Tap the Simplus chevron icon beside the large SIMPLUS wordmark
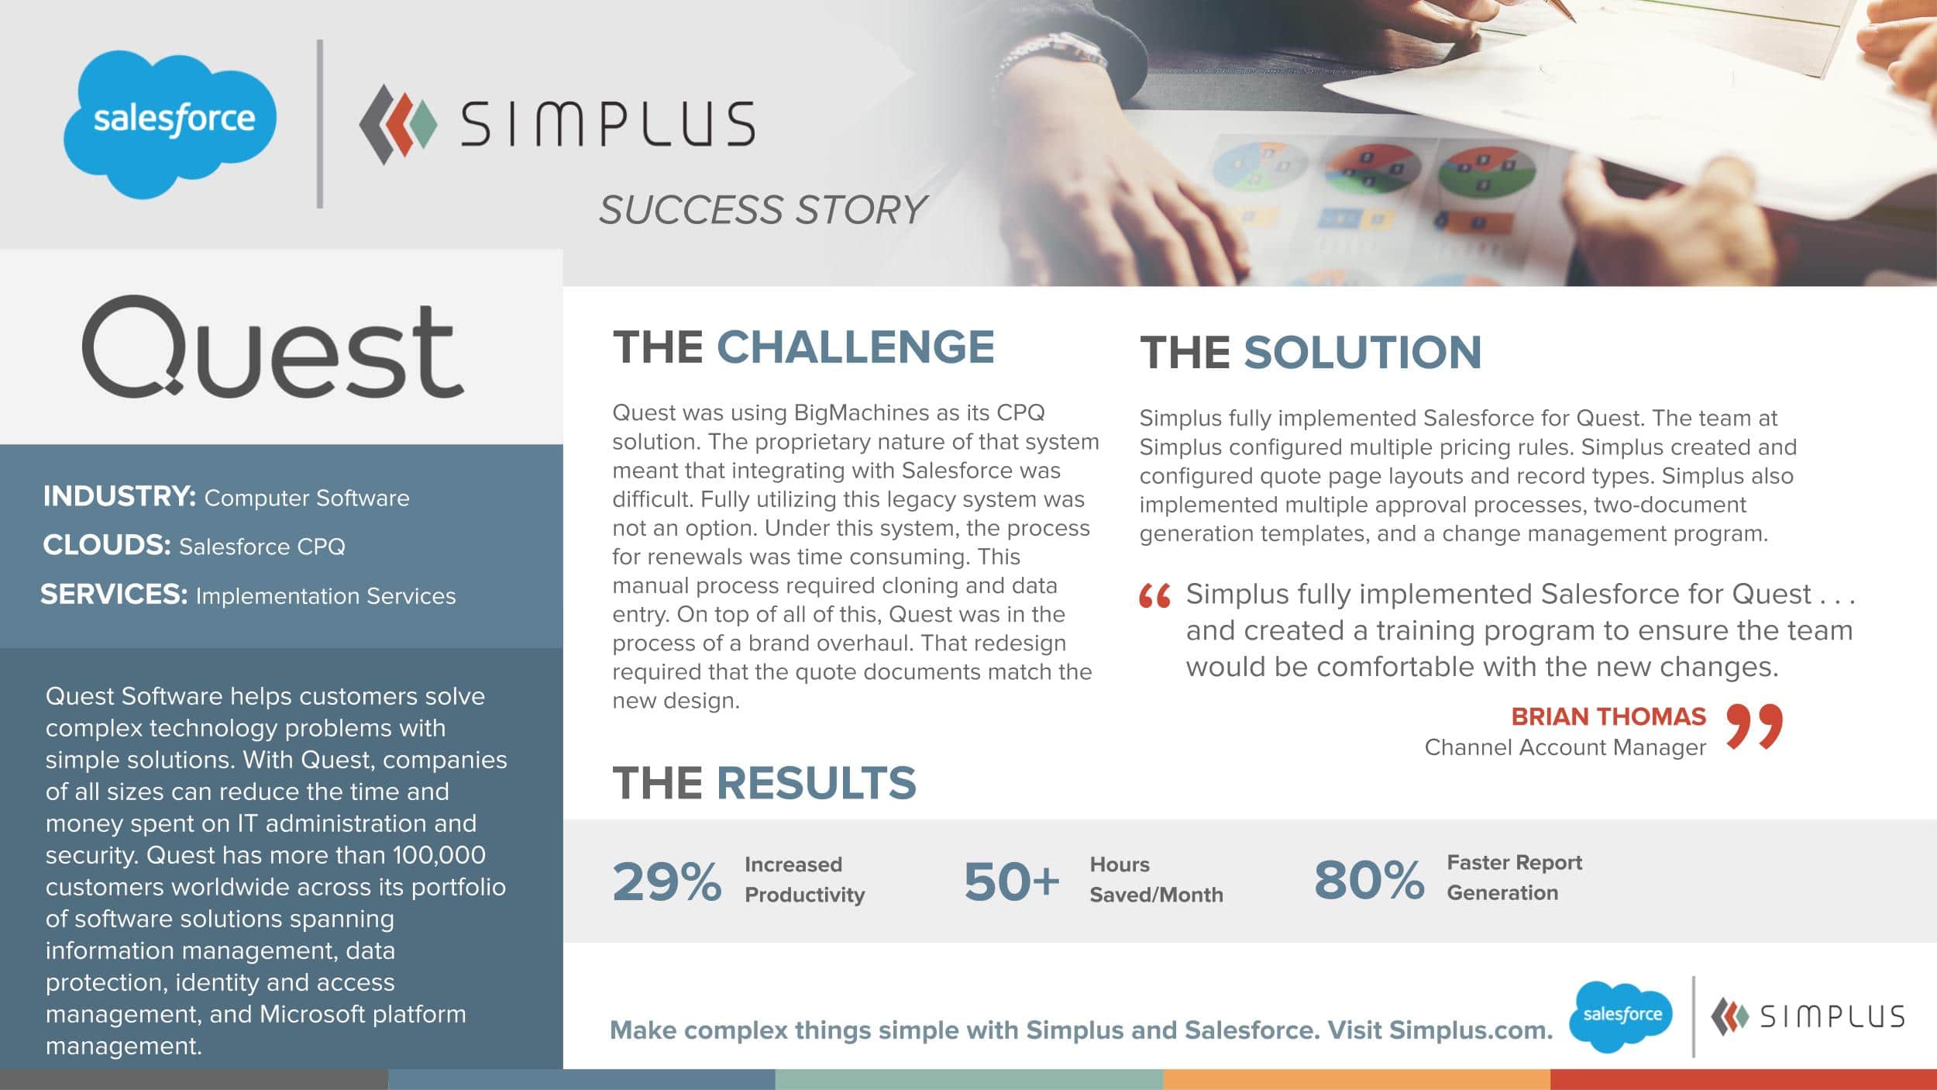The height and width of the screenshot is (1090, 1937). [x=397, y=124]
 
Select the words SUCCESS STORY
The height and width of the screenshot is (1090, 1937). [x=762, y=209]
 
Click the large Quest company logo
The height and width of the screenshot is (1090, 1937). [x=273, y=348]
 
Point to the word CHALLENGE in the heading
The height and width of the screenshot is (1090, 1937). [x=855, y=347]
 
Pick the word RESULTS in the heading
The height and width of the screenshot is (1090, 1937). [x=816, y=782]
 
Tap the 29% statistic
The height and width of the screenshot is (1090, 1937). [x=666, y=882]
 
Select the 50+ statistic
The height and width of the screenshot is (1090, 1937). [x=1011, y=882]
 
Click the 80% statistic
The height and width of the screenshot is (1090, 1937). [x=1368, y=881]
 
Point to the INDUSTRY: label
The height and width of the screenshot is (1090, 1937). [x=119, y=496]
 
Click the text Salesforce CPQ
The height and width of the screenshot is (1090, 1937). [x=262, y=547]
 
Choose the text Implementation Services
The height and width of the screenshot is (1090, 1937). [x=325, y=595]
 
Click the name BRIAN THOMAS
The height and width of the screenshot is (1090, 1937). [x=1608, y=716]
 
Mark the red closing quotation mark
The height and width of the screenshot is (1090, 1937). [x=1755, y=726]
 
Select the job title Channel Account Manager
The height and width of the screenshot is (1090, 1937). [x=1565, y=747]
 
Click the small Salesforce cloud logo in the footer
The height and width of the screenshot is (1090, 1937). [x=1621, y=1016]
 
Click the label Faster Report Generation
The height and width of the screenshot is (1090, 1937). [x=1514, y=878]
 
